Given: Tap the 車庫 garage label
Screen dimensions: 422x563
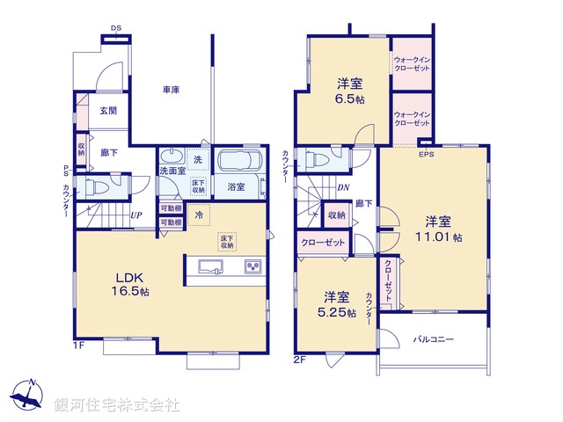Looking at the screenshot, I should click(x=171, y=91).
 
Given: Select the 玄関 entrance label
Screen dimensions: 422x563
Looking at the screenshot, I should click(x=108, y=110).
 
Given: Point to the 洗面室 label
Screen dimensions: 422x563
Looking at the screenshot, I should click(x=172, y=171).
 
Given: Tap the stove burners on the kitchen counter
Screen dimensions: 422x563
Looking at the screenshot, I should click(x=252, y=266).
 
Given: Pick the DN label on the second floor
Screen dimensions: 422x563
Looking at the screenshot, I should click(x=343, y=187).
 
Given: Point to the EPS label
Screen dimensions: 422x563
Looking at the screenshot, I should click(x=427, y=155).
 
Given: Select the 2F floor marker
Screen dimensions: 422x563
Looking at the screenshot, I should click(x=300, y=359).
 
